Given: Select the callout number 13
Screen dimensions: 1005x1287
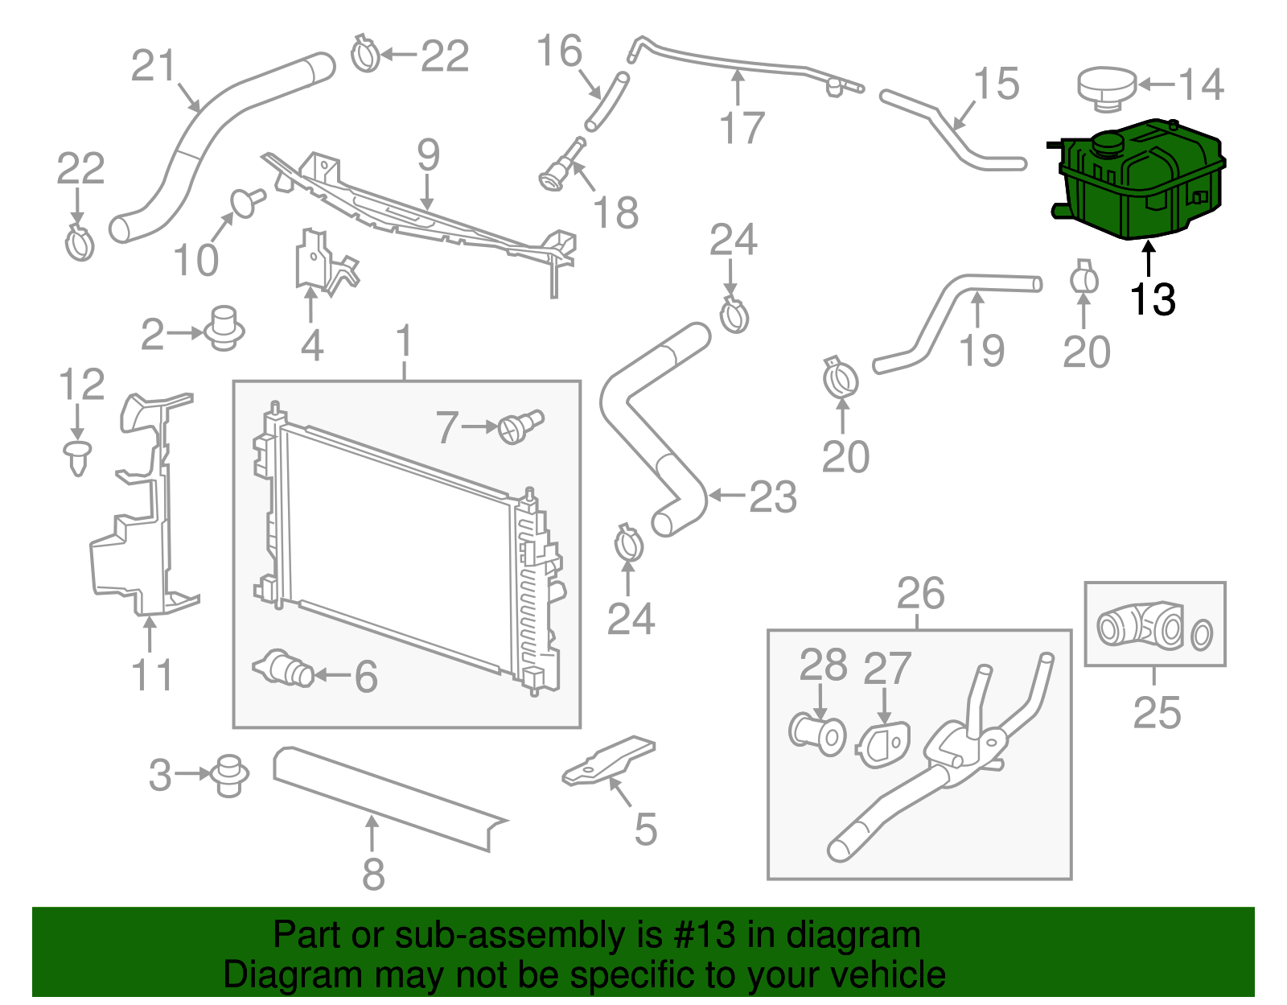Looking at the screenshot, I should point(1152,299).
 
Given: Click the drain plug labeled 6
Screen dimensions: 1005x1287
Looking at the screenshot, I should point(285,668).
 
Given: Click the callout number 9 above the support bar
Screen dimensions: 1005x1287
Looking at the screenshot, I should point(428,154).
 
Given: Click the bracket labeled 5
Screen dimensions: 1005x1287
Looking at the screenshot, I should point(610,760).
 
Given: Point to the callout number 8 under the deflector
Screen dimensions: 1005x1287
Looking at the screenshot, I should point(372,874).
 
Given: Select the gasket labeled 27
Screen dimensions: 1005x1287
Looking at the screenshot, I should point(883,744).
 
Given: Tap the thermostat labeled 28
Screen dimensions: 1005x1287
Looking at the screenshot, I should point(817,733).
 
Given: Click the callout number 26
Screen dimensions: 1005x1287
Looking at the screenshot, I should point(920,594).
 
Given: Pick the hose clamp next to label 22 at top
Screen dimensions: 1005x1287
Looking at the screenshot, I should point(365,55).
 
